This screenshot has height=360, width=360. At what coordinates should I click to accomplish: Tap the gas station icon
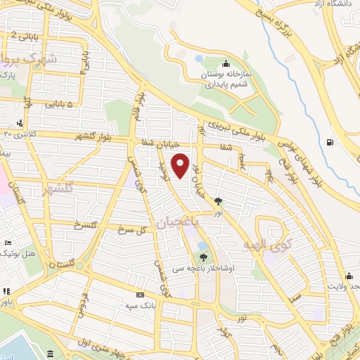(x=330, y=144)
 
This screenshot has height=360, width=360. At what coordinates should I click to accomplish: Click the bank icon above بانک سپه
(x=139, y=295)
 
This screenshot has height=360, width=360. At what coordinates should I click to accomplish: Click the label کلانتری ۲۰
(x=20, y=133)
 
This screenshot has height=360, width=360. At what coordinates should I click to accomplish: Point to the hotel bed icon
(x=7, y=243)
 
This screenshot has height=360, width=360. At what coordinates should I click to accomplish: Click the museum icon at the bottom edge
(x=50, y=353)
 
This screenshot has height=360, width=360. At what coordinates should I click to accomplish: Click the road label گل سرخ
(x=133, y=229)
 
